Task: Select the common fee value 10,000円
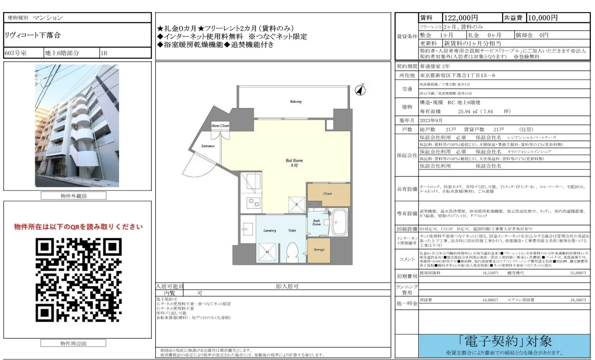pyautogui.click(x=542, y=18)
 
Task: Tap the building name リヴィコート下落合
pyautogui.click(x=33, y=35)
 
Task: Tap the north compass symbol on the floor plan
pyautogui.click(x=360, y=90)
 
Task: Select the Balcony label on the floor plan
pyautogui.click(x=296, y=102)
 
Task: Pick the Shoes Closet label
pyautogui.click(x=220, y=126)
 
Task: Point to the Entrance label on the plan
pyautogui.click(x=208, y=146)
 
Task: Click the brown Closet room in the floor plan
pyautogui.click(x=328, y=195)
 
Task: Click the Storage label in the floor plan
pyautogui.click(x=319, y=250)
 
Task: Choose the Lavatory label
pyautogui.click(x=270, y=230)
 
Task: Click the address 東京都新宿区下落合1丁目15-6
pyautogui.click(x=457, y=75)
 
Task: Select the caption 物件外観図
pyautogui.click(x=74, y=196)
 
